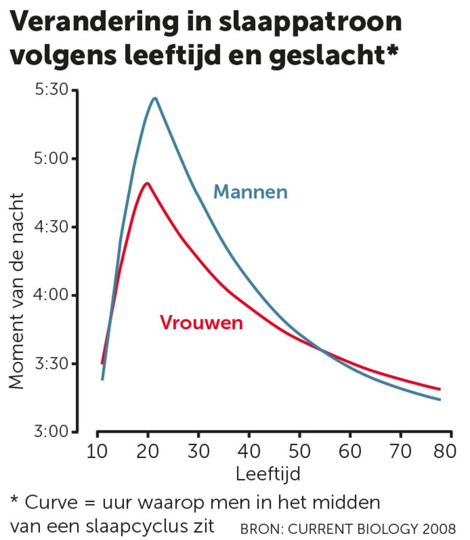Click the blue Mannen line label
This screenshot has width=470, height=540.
[250, 192]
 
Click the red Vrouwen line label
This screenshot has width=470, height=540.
[201, 322]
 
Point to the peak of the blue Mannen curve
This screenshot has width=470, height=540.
[155, 98]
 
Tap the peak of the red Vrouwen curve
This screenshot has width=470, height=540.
[147, 183]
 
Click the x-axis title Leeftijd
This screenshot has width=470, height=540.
[267, 474]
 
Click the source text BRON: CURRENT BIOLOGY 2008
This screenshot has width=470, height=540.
[348, 529]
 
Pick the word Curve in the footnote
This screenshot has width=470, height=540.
[48, 502]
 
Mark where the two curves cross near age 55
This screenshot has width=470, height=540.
[322, 350]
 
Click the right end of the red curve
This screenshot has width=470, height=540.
[440, 389]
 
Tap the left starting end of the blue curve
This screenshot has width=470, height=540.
[102, 379]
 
